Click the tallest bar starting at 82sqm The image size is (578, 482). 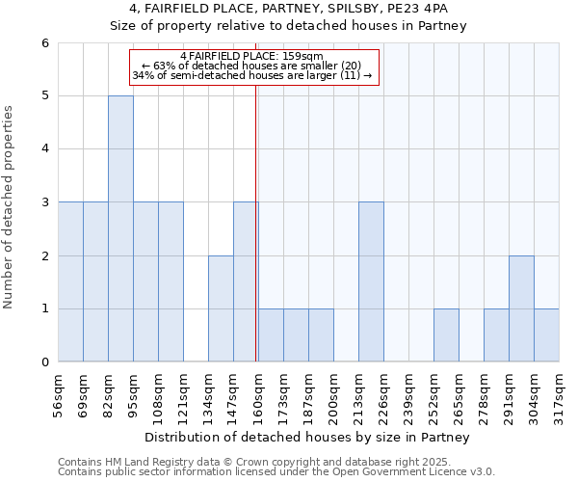(120, 228)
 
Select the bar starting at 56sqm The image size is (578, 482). (70, 281)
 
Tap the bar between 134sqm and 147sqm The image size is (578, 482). (221, 308)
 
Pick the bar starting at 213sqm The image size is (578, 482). (371, 281)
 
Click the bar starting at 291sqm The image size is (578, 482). (521, 308)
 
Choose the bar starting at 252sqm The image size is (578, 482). (446, 335)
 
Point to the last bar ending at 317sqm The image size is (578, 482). (546, 335)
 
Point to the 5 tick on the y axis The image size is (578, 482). (44, 95)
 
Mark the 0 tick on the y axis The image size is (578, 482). (44, 362)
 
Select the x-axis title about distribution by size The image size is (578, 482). (308, 438)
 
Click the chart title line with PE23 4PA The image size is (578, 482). (289, 9)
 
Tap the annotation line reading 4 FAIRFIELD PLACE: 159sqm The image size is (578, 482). (252, 56)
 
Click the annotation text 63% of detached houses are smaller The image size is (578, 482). (252, 66)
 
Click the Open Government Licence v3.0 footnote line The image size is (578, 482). (276, 472)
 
